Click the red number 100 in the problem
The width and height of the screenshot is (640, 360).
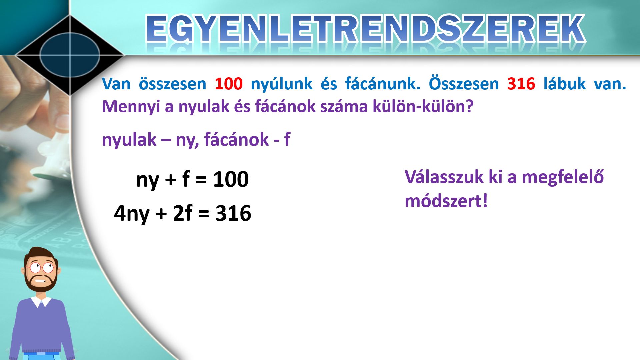coord(229,83)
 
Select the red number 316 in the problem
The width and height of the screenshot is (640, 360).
coord(521,83)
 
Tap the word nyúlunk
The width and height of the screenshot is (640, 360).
coord(282,84)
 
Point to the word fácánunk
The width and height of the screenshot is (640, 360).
coord(383,83)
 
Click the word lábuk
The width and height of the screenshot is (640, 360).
coord(564,83)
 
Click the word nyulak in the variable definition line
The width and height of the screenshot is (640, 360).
coord(129,140)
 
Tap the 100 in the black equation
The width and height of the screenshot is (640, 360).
coord(231,179)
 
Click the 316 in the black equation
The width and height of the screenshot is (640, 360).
coord(233,213)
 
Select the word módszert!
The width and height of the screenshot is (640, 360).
coord(446,201)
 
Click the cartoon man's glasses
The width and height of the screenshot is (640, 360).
coord(41,267)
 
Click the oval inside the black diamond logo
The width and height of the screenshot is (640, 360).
coord(70,55)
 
